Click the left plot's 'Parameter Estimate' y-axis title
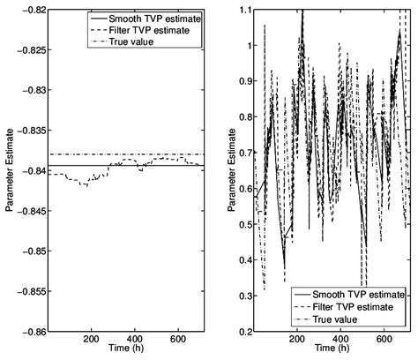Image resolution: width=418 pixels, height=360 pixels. [x=8, y=169]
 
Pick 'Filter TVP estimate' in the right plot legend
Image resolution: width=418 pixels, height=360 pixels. [x=362, y=305]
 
